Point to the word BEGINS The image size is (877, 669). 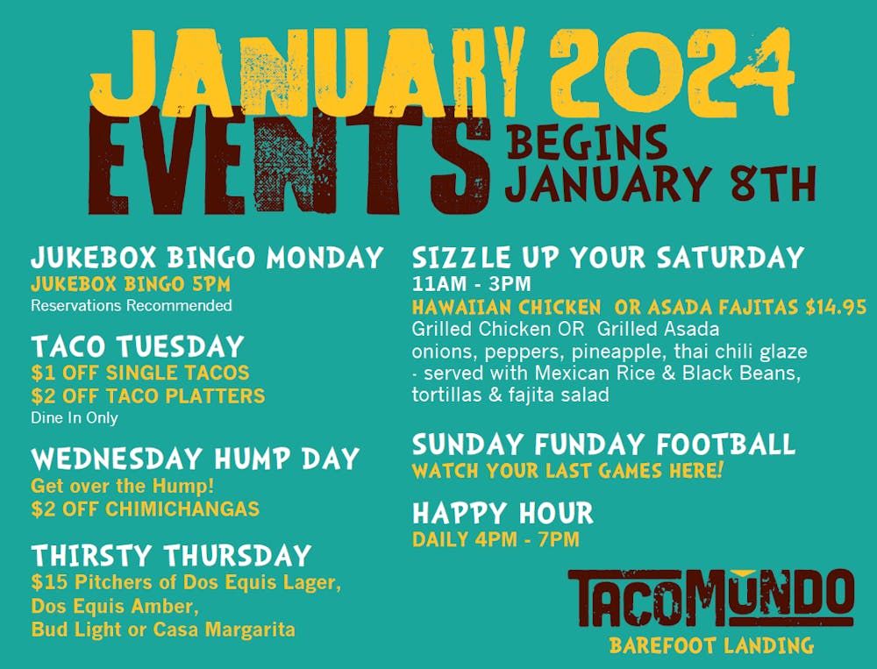[x=586, y=141]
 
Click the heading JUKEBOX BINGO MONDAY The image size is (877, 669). [x=207, y=259]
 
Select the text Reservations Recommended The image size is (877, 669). [x=132, y=306]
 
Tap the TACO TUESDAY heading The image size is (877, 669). [x=138, y=346]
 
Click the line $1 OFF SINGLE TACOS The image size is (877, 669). [x=140, y=373]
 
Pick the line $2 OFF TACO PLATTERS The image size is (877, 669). [x=147, y=395]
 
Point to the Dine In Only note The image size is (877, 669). [x=75, y=418]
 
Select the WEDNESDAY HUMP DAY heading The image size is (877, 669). [x=195, y=459]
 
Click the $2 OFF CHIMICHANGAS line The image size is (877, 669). [x=145, y=509]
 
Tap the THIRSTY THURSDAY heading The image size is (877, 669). [x=172, y=555]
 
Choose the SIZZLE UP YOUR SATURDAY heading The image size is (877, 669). [x=608, y=258]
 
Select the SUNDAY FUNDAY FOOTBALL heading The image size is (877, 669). [x=603, y=444]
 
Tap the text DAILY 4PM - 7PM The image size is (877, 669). [x=496, y=539]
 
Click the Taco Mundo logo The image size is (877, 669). [x=710, y=599]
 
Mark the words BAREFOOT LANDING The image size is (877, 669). [x=711, y=646]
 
